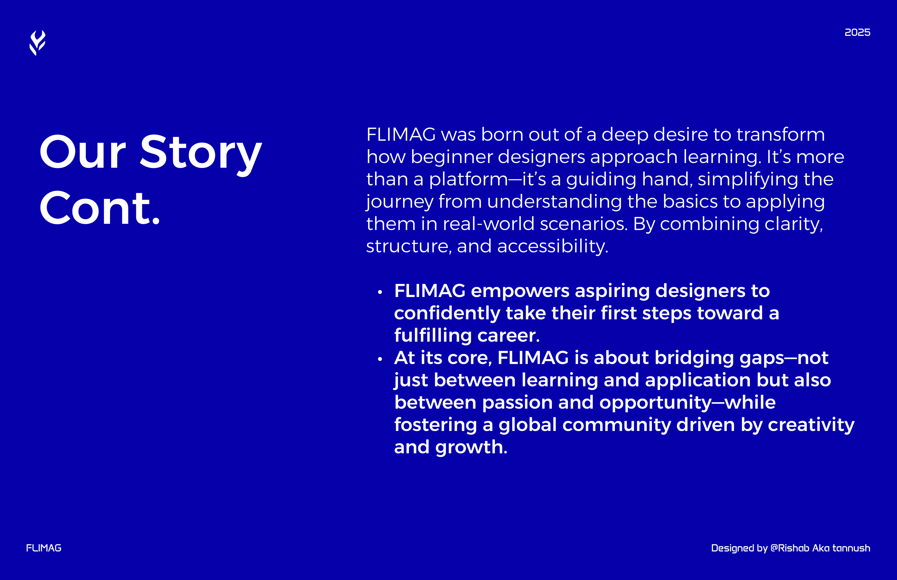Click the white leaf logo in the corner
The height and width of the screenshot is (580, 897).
tap(37, 43)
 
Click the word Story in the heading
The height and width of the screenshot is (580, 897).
tap(201, 153)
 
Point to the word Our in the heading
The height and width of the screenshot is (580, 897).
tap(83, 153)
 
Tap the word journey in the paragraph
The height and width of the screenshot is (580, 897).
tap(399, 202)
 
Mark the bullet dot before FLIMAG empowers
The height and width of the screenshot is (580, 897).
tap(380, 292)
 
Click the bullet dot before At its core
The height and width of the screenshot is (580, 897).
tap(380, 359)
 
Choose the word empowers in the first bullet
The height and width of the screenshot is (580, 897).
tap(520, 291)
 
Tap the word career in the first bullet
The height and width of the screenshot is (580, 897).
tap(508, 336)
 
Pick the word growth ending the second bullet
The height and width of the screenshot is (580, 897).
tap(471, 447)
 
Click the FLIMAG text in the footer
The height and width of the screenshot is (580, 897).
tap(44, 548)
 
